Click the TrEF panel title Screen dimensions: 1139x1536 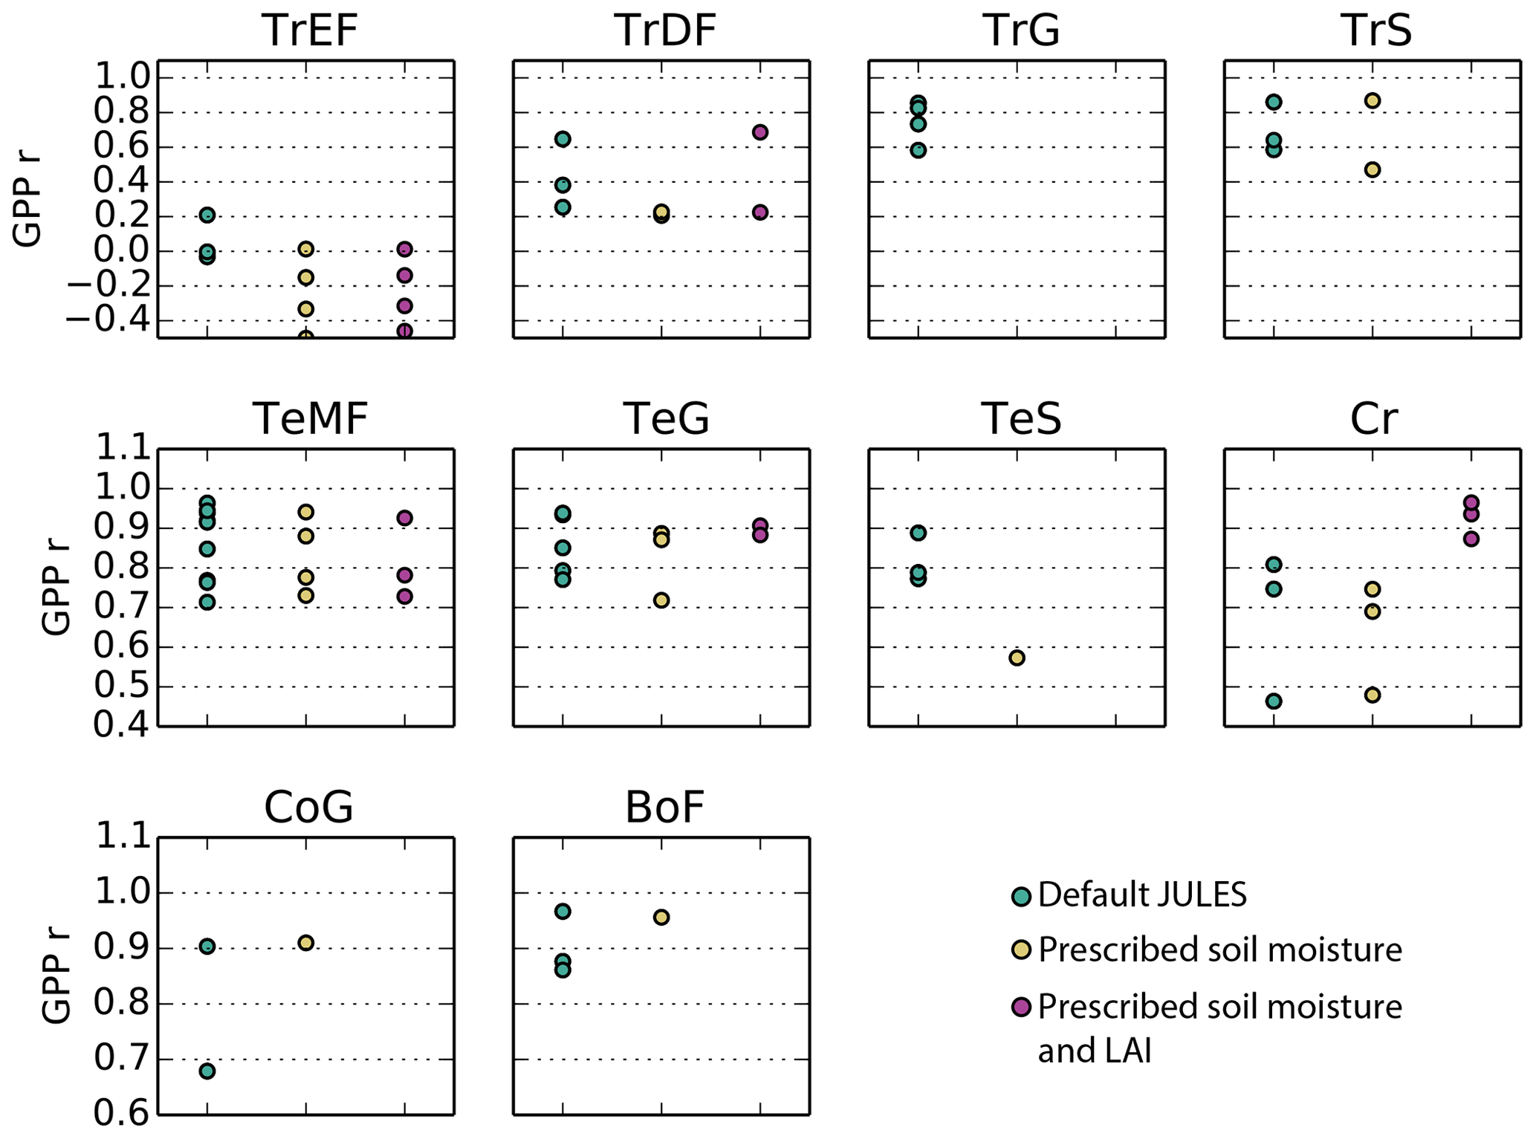(310, 31)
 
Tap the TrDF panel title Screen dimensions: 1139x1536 (665, 31)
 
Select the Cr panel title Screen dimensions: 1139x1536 (1373, 419)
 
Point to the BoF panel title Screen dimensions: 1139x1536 (664, 808)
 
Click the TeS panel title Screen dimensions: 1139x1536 (1021, 419)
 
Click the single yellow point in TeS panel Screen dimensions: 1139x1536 (1017, 658)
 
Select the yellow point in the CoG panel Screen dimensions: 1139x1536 (305, 943)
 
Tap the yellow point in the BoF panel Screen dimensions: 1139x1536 (661, 917)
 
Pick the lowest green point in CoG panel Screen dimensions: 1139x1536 (207, 1071)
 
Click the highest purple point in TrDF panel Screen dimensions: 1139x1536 (759, 132)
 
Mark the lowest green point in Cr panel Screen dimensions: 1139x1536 (1274, 701)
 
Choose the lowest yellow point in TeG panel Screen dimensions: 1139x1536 (661, 600)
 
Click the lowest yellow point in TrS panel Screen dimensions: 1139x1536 (1373, 169)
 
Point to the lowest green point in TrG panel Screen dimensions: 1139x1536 (918, 150)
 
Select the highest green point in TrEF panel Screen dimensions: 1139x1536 (207, 215)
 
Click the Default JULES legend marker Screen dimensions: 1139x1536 (1022, 896)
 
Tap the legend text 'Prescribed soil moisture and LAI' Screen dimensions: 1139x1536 (1219, 1028)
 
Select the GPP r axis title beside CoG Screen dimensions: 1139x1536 (56, 976)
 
